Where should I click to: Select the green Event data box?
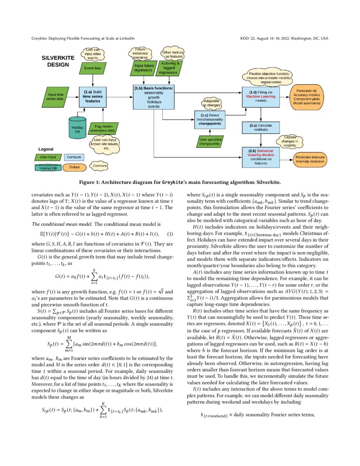93,68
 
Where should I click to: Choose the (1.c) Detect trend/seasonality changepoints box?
210,119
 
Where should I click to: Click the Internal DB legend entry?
47,167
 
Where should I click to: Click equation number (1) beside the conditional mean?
170,234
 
